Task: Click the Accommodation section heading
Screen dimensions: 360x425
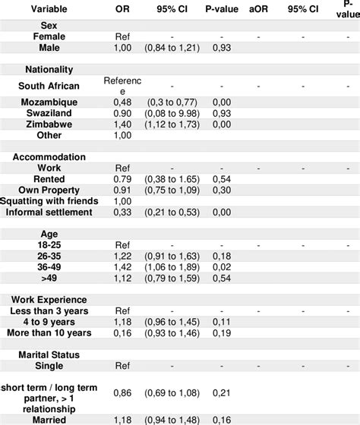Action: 49,157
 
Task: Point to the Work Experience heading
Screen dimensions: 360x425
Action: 49,299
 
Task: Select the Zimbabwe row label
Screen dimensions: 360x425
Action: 49,123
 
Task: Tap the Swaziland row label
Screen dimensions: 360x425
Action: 49,112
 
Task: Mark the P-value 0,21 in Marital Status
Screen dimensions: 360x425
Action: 222,392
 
